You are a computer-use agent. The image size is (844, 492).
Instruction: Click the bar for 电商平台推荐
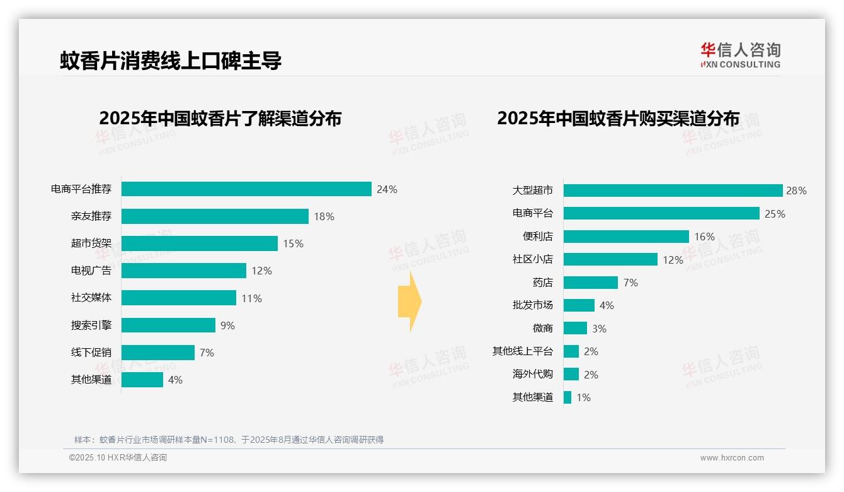(246, 189)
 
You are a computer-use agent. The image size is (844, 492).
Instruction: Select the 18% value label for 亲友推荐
(324, 216)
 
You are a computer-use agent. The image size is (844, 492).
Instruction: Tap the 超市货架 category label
(91, 243)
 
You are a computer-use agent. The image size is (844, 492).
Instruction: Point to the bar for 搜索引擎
(168, 325)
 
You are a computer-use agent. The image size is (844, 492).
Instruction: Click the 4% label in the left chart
(175, 380)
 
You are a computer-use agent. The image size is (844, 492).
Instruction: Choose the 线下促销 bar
(158, 353)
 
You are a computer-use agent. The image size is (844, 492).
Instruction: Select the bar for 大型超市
(673, 190)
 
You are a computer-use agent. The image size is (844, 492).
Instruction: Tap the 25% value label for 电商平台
(775, 214)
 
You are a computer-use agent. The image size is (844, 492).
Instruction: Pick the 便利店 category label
(538, 237)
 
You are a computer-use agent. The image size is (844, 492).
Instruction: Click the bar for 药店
(590, 283)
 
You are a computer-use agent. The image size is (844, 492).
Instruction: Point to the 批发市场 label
(533, 305)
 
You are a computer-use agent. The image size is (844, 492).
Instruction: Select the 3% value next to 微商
(599, 329)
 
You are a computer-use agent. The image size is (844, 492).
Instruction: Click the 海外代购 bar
(571, 374)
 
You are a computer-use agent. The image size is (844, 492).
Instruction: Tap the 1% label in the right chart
(583, 397)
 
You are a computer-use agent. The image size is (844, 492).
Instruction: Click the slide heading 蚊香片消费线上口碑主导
(171, 61)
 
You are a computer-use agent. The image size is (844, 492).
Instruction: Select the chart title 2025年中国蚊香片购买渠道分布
(618, 118)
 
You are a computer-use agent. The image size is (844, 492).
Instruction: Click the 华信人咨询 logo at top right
(740, 55)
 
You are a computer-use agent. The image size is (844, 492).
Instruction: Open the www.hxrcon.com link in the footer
(732, 458)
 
